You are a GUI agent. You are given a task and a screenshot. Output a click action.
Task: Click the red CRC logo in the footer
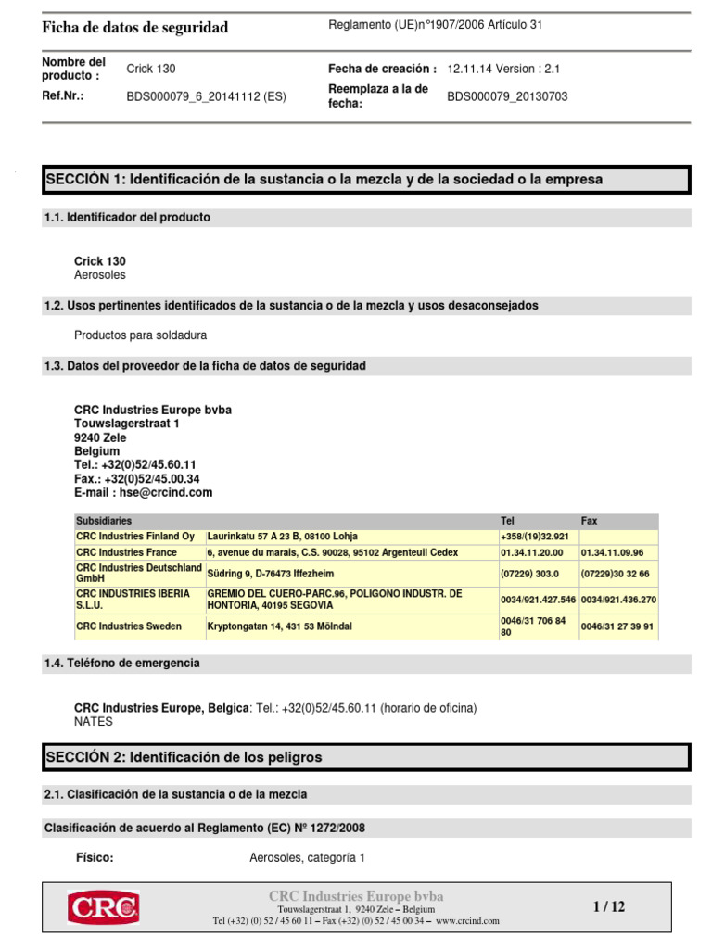point(103,907)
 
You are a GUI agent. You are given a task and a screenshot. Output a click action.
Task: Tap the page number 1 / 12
point(609,907)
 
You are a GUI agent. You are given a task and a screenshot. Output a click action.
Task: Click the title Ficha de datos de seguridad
point(135,28)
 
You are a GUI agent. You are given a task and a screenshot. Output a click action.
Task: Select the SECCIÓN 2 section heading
point(184,757)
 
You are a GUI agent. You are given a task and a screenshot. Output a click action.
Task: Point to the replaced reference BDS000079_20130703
point(507,96)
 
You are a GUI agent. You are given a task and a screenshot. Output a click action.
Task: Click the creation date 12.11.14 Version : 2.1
point(503,69)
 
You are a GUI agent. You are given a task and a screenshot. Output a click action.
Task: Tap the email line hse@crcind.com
point(143,493)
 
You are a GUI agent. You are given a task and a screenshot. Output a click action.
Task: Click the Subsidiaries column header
point(104,521)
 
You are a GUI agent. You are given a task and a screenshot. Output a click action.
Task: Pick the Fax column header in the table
point(590,521)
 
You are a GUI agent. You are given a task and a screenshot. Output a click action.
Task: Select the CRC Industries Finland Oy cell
point(135,537)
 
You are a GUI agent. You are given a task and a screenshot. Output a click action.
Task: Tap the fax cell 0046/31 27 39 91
point(617,626)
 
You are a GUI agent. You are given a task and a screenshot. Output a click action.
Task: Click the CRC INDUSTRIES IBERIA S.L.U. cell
point(133,599)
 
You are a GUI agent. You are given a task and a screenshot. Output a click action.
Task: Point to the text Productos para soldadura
point(140,335)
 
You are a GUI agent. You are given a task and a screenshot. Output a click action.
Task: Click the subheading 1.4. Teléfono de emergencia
point(121,664)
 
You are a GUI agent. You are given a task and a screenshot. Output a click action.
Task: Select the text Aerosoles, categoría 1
point(307,858)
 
